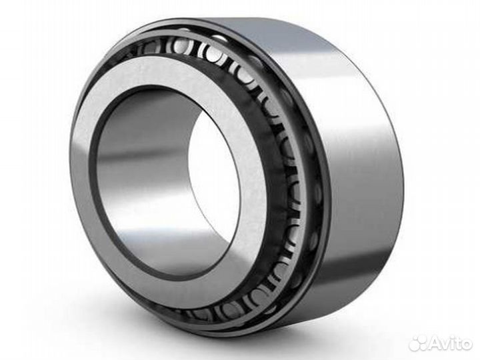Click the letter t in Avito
tap(457, 343)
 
